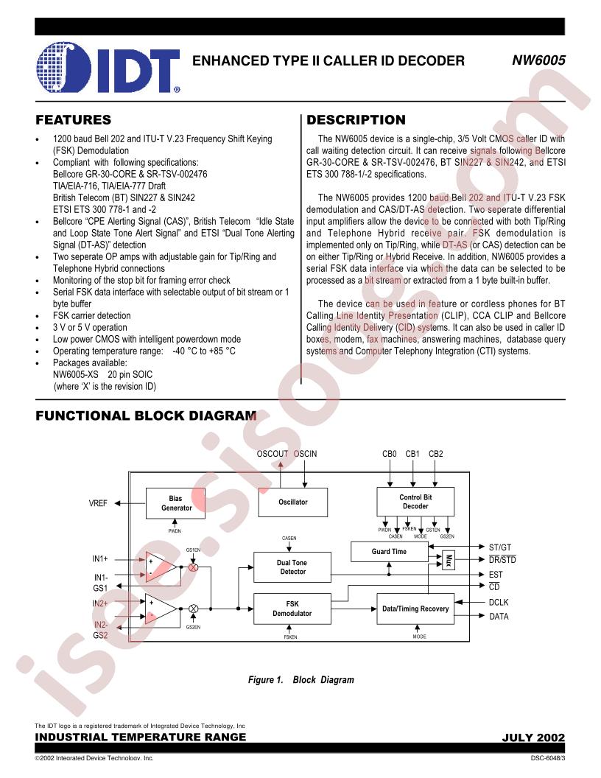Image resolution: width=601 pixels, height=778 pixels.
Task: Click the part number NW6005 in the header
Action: tap(538, 60)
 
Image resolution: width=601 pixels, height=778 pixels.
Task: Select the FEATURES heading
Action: tap(74, 119)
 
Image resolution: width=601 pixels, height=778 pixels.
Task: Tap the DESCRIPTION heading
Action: tap(356, 119)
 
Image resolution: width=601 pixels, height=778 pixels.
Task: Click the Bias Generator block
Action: tap(175, 503)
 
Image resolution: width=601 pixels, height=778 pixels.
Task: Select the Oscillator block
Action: tap(293, 502)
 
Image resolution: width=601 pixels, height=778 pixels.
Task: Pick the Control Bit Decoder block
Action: tap(415, 502)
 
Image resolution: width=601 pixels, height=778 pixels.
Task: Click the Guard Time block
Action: tap(390, 552)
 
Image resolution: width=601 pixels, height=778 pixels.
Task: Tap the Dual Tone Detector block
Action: tap(292, 567)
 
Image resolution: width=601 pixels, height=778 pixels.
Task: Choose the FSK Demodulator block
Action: tap(292, 609)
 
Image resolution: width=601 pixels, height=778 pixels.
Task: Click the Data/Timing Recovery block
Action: tap(415, 609)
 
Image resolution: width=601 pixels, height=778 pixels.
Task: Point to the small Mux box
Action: tap(449, 561)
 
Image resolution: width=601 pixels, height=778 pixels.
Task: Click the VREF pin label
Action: tap(98, 503)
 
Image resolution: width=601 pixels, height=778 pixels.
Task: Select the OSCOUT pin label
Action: tap(273, 454)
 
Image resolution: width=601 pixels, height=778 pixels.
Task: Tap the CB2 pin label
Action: tap(436, 454)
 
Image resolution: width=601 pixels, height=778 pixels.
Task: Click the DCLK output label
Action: tap(499, 603)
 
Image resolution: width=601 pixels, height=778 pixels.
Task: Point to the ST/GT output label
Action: tap(500, 547)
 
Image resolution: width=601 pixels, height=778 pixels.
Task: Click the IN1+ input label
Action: tap(100, 558)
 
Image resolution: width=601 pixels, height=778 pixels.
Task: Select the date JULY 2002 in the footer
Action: tap(533, 737)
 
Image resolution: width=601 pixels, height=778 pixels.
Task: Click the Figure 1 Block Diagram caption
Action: tap(301, 680)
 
